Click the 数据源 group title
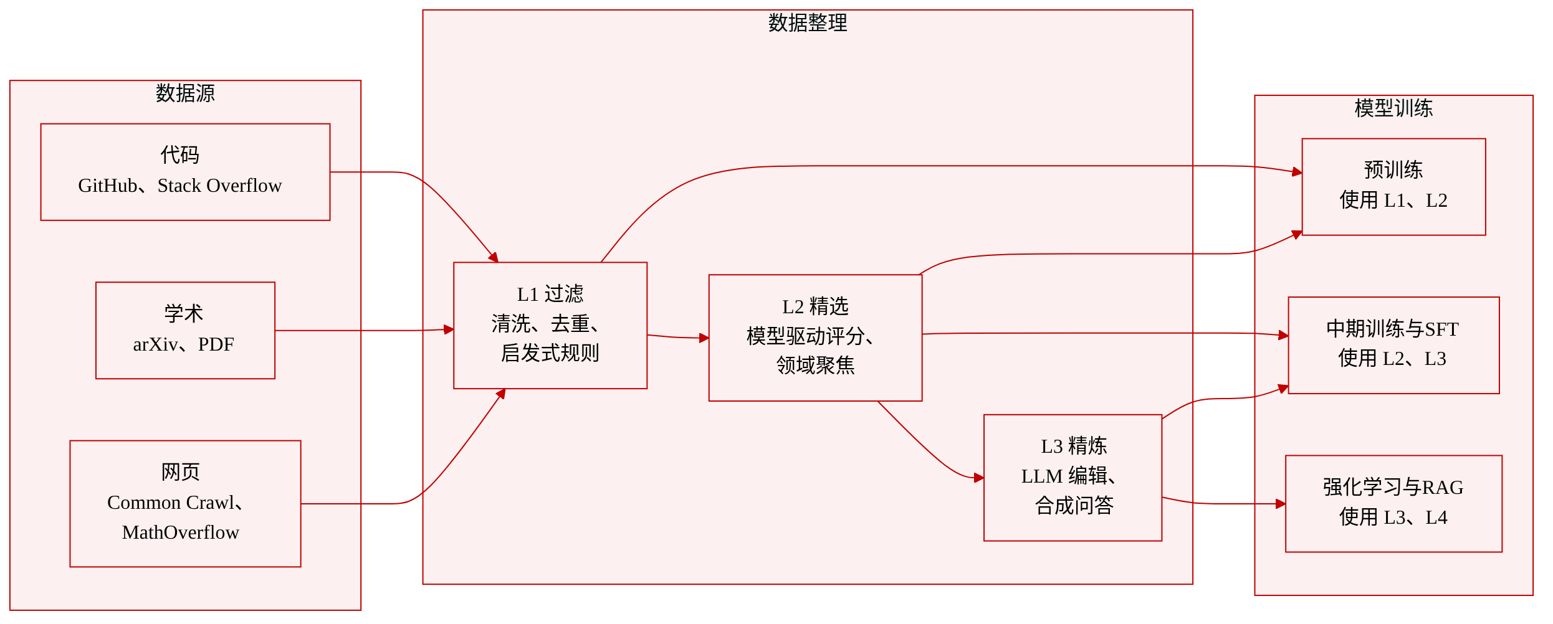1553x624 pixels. (185, 93)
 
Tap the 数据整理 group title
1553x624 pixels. (808, 23)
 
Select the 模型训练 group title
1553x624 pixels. (1393, 108)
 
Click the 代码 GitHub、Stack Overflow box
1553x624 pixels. (185, 172)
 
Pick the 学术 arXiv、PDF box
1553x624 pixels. (185, 331)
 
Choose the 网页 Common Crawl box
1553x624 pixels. (185, 504)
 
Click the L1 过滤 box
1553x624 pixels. (550, 326)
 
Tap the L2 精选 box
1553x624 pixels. (815, 338)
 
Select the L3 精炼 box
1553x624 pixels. (1073, 478)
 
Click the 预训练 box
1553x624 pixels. (1393, 187)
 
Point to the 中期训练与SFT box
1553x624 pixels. (1393, 346)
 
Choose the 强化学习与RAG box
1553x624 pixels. (1393, 504)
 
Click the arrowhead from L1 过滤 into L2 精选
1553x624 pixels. (704, 338)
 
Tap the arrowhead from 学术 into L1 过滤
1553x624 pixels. (449, 329)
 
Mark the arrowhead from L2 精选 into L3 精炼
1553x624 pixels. (979, 478)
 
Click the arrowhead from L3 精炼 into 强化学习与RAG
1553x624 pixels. (1281, 504)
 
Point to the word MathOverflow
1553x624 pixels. (181, 532)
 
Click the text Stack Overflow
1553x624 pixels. (219, 186)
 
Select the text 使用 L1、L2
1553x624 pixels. (1393, 201)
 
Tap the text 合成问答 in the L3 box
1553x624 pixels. (1074, 506)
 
